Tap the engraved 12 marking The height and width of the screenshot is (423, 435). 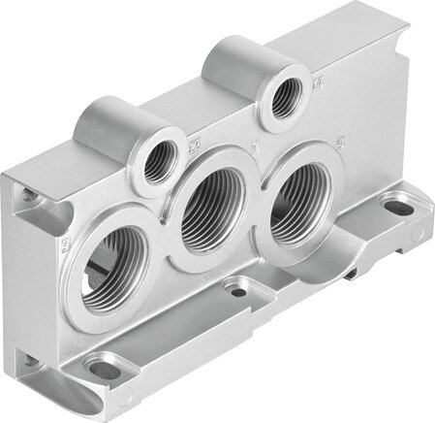point(194,145)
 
